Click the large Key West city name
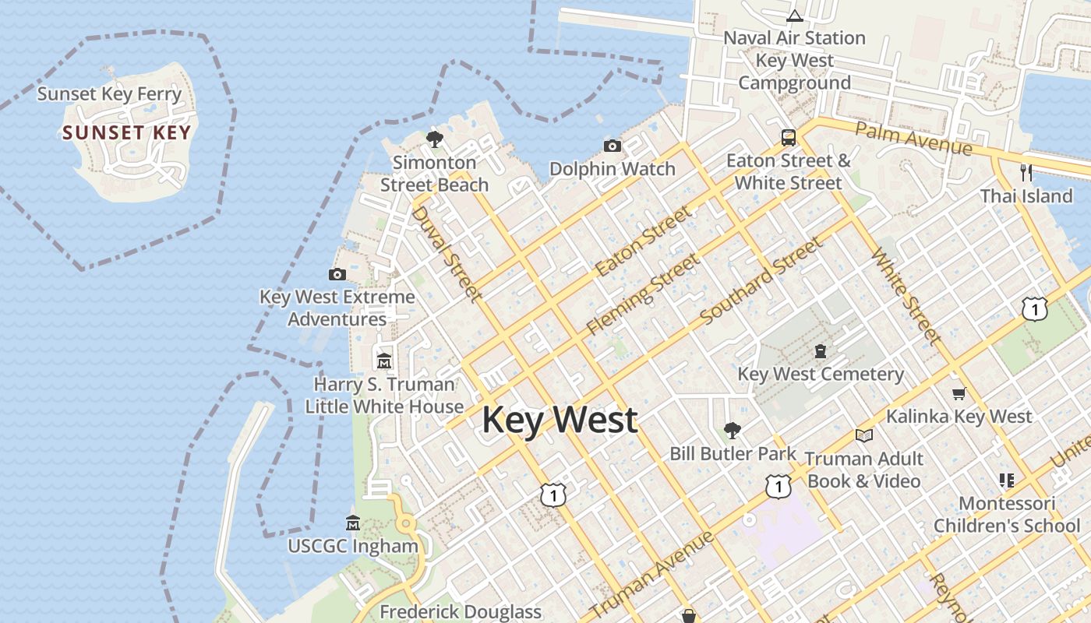click(x=560, y=421)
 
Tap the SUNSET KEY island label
click(x=127, y=132)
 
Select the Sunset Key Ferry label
click(x=109, y=94)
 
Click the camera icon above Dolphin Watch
click(x=613, y=146)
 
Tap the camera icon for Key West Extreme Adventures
click(x=337, y=274)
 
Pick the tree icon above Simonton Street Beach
click(x=435, y=139)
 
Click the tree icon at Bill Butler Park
click(x=732, y=430)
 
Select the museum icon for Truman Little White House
click(x=384, y=361)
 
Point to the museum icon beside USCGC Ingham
click(x=353, y=523)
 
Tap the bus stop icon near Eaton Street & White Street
click(x=789, y=138)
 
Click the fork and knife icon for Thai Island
click(x=1026, y=173)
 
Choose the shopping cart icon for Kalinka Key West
click(x=959, y=394)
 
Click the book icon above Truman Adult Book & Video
click(x=863, y=436)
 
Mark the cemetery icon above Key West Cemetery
click(x=820, y=352)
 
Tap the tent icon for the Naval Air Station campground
click(x=794, y=16)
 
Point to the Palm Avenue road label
click(x=913, y=138)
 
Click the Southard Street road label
click(x=761, y=282)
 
